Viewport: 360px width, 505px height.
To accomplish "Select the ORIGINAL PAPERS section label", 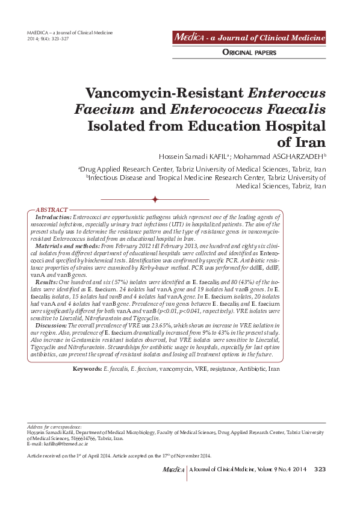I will pyautogui.click(x=249, y=52).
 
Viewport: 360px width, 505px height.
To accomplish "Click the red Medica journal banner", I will pyautogui.click(x=249, y=38).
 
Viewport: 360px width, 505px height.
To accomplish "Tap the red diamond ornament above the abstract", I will pyautogui.click(x=155, y=199).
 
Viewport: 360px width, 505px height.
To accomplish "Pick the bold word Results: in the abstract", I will pyautogui.click(x=46, y=282).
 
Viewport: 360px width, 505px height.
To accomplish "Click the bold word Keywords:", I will pyautogui.click(x=87, y=368).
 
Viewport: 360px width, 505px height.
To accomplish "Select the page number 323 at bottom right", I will pyautogui.click(x=320, y=469).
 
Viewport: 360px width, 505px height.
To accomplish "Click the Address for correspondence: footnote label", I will pyautogui.click(x=55, y=426).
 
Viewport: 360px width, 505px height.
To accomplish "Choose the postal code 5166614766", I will pyautogui.click(x=89, y=439).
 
